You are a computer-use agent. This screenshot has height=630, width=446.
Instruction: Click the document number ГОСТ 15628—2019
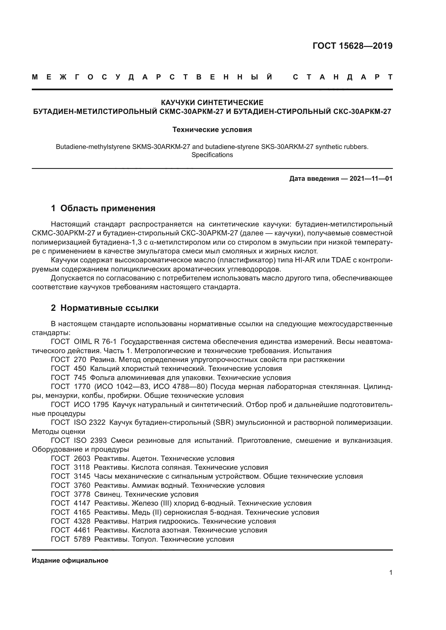[352, 46]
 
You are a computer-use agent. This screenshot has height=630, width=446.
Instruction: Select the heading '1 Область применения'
[103, 208]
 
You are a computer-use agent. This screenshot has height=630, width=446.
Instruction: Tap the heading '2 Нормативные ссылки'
[105, 308]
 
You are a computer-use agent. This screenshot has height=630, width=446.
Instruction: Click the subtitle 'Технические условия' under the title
[212, 130]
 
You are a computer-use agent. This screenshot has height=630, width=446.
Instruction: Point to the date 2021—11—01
[371, 179]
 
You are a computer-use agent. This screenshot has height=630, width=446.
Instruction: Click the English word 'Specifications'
[212, 155]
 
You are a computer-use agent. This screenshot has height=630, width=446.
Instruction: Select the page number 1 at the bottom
[390, 573]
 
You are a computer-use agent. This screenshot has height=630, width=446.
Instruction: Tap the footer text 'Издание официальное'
[70, 561]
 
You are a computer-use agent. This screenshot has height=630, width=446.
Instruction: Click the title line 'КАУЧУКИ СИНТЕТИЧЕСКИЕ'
[212, 103]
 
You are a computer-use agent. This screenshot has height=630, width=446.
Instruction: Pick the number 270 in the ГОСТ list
[80, 360]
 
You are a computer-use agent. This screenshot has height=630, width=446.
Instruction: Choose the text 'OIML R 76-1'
[95, 342]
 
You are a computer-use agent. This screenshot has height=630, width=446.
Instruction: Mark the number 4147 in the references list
[82, 503]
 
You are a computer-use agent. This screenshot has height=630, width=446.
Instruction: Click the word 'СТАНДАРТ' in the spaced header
[343, 77]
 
